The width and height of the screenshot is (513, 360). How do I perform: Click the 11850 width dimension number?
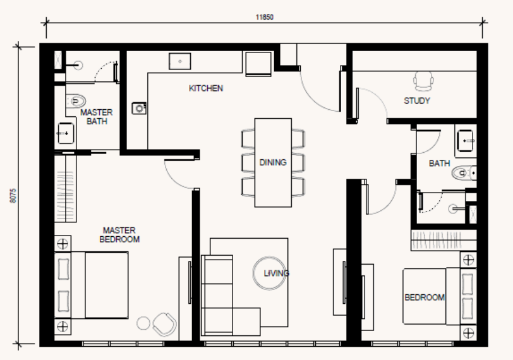[264, 17]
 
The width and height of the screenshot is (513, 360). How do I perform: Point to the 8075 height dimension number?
[13, 196]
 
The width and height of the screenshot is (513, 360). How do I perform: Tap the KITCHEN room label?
[206, 88]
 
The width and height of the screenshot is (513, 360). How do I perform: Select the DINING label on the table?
[273, 162]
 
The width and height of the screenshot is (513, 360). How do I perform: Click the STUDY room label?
[417, 100]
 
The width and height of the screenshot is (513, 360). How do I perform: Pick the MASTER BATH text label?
[97, 117]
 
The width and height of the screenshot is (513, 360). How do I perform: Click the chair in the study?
[423, 81]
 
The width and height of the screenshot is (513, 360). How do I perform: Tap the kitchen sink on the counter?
[179, 61]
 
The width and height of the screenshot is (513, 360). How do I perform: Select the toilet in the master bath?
[76, 101]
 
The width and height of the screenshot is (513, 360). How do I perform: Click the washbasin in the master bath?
[66, 133]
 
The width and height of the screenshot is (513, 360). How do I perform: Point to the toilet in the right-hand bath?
[464, 172]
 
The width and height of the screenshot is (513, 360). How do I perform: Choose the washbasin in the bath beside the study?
[466, 141]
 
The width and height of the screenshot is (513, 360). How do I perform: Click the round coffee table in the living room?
[270, 273]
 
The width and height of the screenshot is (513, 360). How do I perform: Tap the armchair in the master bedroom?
[164, 325]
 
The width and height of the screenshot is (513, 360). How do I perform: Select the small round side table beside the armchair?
[143, 323]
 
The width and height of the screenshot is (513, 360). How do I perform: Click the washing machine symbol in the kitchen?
[139, 108]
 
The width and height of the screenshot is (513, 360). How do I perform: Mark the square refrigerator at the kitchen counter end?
[258, 64]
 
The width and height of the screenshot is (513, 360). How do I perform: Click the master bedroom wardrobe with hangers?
[66, 189]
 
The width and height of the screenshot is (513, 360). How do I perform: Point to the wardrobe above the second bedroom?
[444, 241]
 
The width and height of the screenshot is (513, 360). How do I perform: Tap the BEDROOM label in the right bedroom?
[425, 297]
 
